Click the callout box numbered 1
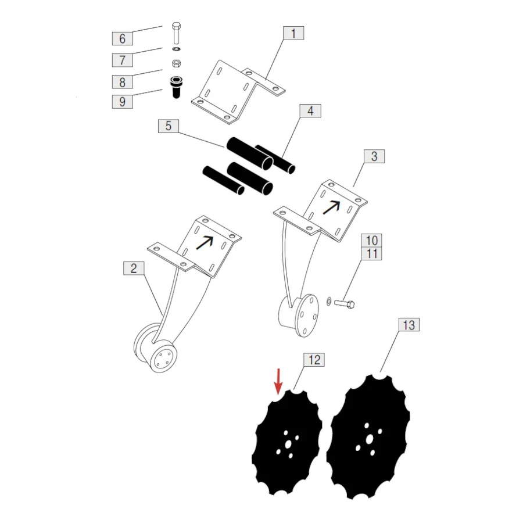[293, 33]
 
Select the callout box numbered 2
[134, 268]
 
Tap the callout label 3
[374, 156]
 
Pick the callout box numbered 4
[310, 111]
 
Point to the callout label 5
[169, 126]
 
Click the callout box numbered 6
[123, 38]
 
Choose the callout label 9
[123, 101]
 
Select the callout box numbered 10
[371, 240]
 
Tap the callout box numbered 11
[371, 253]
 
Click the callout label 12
[314, 360]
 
